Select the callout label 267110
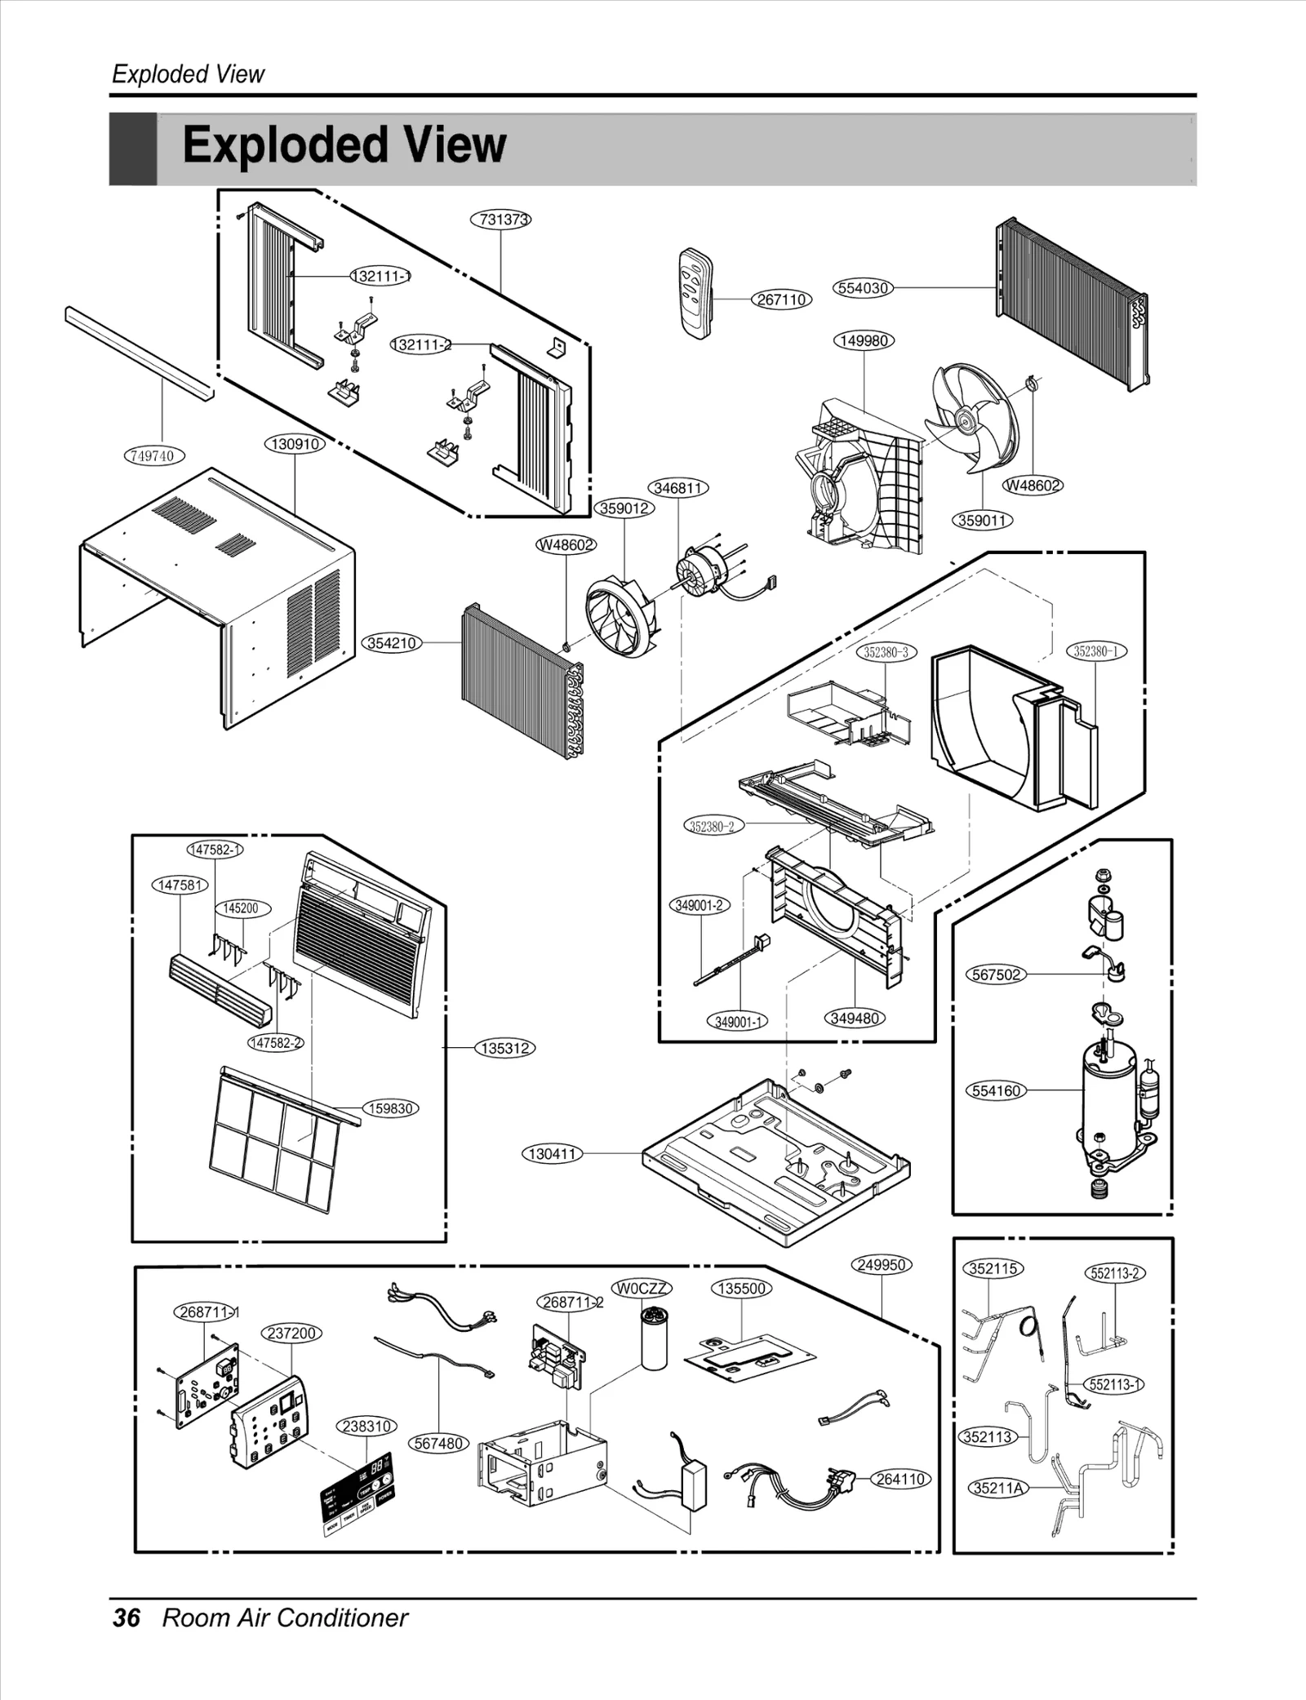tap(781, 300)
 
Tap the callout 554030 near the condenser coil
tap(864, 287)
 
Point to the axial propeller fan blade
tap(971, 418)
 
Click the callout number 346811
tap(678, 488)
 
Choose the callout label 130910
tap(294, 444)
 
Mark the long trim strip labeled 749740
tap(139, 353)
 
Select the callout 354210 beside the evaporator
tap(392, 643)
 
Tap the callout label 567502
tap(996, 974)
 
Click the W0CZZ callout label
tap(642, 1288)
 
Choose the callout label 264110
tap(900, 1479)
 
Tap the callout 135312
tap(504, 1049)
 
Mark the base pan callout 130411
tap(553, 1154)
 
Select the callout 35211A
tap(998, 1488)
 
